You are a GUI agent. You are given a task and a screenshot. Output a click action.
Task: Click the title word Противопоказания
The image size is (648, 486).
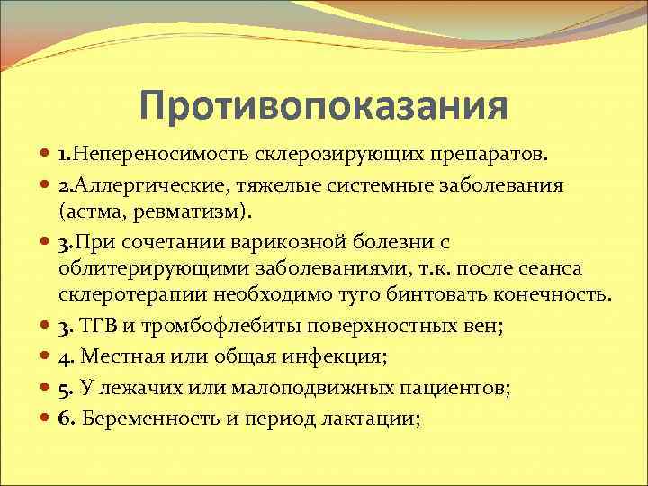[324, 107]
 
